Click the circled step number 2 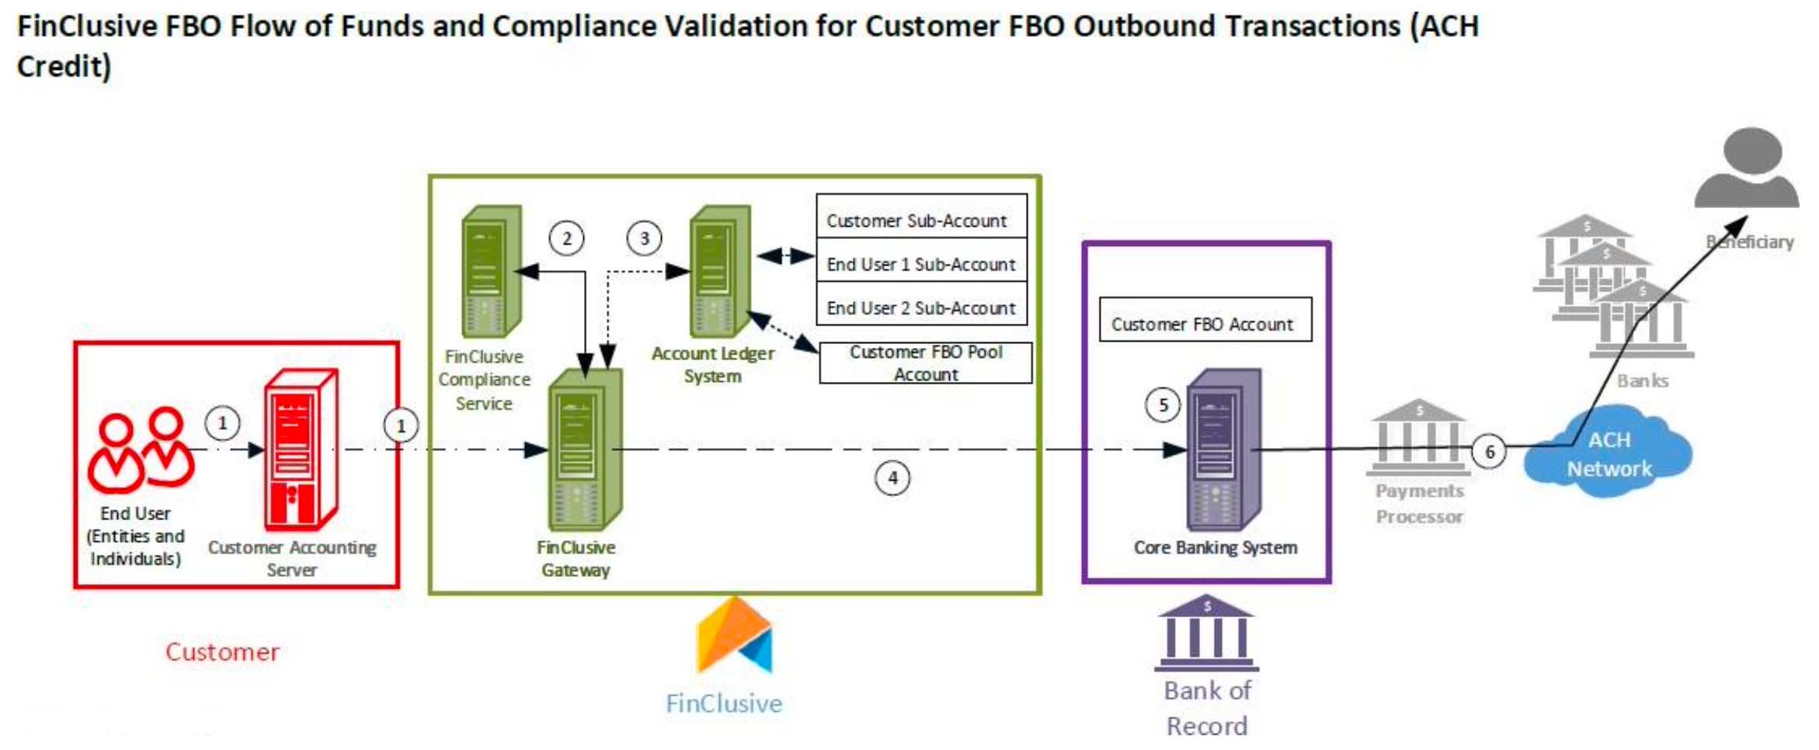[566, 238]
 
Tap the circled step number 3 [644, 238]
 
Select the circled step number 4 [892, 477]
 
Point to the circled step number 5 [1163, 405]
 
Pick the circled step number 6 [1489, 452]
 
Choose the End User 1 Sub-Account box [921, 264]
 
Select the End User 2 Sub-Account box [921, 307]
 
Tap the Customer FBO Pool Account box [926, 363]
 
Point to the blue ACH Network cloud [1609, 455]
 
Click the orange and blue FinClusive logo [734, 635]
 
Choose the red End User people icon [140, 450]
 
